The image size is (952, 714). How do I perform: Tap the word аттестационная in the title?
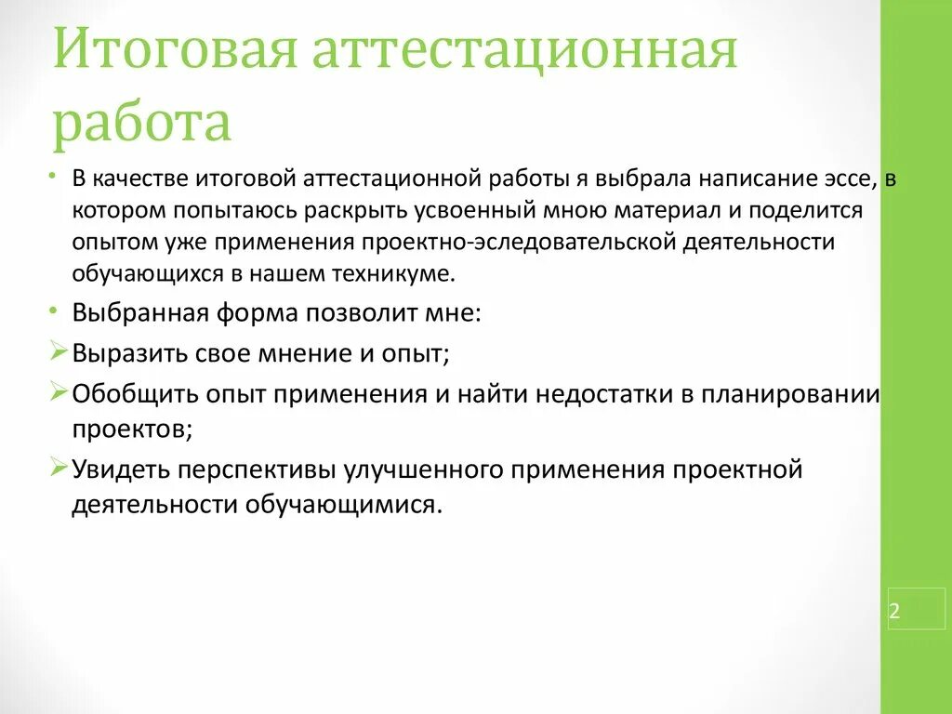coord(523,54)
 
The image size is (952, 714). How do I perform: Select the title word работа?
coord(141,124)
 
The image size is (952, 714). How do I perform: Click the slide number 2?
coord(894,611)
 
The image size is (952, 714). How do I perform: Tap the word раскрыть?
coord(377,210)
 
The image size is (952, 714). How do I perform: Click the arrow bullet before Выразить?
coord(59,351)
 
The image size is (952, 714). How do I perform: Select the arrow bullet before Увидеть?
coord(59,467)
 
